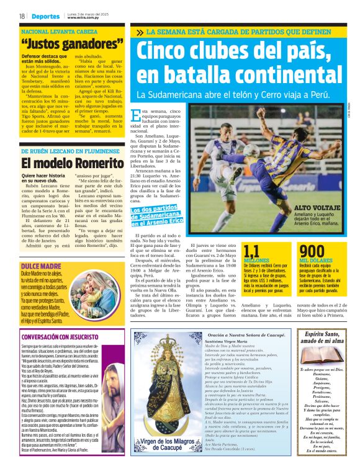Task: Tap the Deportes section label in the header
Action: [47, 16]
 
